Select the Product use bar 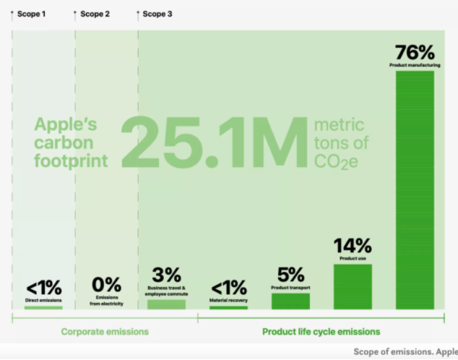point(353,286)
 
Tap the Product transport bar point(290,301)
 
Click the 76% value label point(415,53)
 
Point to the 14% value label point(353,247)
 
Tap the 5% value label point(290,275)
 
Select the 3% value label point(166,275)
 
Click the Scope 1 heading point(31,14)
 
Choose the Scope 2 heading point(95,14)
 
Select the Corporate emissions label point(105,332)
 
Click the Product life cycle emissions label point(320,332)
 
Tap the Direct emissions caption point(43,299)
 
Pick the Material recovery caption point(228,299)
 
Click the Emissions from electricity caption point(106,301)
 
